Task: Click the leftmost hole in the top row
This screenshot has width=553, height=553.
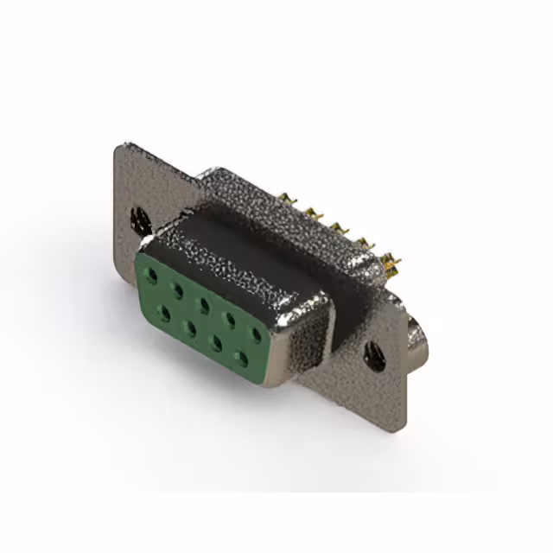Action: [153, 277]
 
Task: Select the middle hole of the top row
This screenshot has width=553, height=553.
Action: [204, 303]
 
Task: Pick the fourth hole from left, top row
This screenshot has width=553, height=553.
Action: [230, 317]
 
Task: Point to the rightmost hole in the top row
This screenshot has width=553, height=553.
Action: [256, 331]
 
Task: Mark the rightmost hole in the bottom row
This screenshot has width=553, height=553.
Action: [241, 356]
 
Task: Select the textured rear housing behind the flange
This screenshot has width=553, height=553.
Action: [285, 207]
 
